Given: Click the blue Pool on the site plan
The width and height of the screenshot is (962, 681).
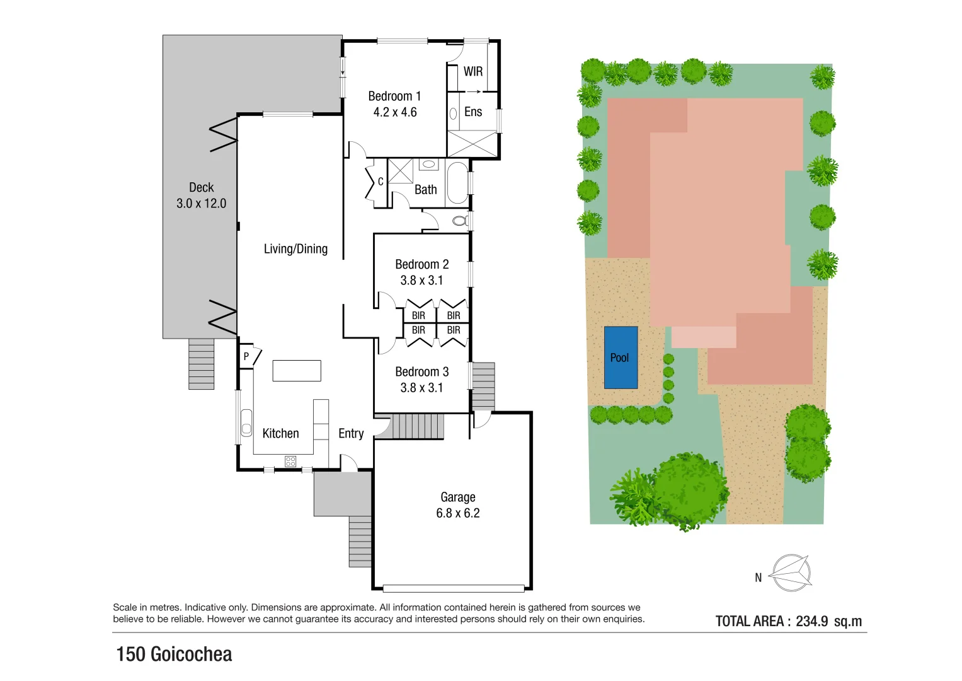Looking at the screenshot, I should tap(621, 357).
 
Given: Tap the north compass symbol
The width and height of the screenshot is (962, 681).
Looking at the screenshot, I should tap(791, 573).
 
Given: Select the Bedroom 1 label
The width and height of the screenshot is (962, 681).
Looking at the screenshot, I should tap(394, 96).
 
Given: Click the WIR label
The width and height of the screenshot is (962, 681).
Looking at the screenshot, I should tap(472, 71).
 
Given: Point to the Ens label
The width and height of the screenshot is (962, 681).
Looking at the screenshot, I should tap(472, 112).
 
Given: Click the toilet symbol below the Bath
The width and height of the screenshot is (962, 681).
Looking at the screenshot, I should tap(461, 221).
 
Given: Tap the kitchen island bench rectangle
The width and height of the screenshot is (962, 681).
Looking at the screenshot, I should tap(297, 371).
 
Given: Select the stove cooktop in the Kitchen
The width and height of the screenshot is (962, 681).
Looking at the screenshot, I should tap(290, 461).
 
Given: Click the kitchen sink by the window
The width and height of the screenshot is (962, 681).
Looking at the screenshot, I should tap(246, 422).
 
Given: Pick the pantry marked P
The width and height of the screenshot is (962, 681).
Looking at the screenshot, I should tap(246, 356).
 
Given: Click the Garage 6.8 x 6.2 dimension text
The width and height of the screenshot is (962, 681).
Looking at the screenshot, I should tap(458, 513).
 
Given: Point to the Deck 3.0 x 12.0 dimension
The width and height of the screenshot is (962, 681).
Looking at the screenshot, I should tap(201, 203).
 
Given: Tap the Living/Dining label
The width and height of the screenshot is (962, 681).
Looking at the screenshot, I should tap(295, 249).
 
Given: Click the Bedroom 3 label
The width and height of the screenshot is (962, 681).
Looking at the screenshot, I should tap(421, 372).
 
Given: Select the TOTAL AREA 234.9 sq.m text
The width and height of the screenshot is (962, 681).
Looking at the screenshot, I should tap(788, 621).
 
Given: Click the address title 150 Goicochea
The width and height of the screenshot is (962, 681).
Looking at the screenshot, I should tap(174, 654).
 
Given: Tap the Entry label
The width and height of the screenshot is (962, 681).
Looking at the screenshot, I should tap(351, 433).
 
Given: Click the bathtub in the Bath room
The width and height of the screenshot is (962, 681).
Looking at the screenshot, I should tap(457, 183).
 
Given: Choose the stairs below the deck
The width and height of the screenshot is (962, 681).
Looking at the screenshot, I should tap(202, 364).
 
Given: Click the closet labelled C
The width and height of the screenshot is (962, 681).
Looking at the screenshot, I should tap(380, 182).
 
